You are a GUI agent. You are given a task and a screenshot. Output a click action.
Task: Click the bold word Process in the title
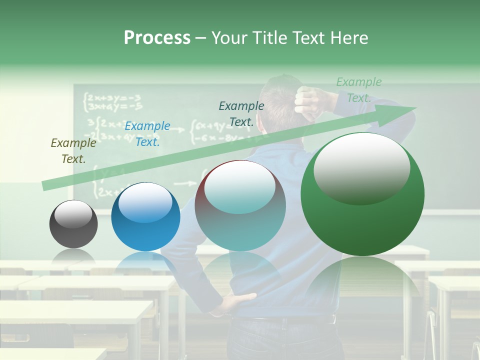click(x=157, y=37)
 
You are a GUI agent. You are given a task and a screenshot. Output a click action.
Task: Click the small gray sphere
click(x=73, y=224)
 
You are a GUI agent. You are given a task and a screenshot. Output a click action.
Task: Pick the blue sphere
click(x=145, y=216)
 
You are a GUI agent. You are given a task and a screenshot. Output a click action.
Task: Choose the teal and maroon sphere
click(x=240, y=205)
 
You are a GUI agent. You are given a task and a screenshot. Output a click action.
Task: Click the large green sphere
click(x=362, y=194)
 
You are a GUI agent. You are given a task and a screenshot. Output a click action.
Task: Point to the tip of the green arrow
click(x=416, y=107)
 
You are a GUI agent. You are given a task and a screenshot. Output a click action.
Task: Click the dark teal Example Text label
click(x=241, y=113)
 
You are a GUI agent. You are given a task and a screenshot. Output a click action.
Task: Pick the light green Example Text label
click(x=358, y=90)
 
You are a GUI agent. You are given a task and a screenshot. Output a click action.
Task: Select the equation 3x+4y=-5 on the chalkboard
click(x=114, y=106)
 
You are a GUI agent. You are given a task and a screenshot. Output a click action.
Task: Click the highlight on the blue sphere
click(x=145, y=202)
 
